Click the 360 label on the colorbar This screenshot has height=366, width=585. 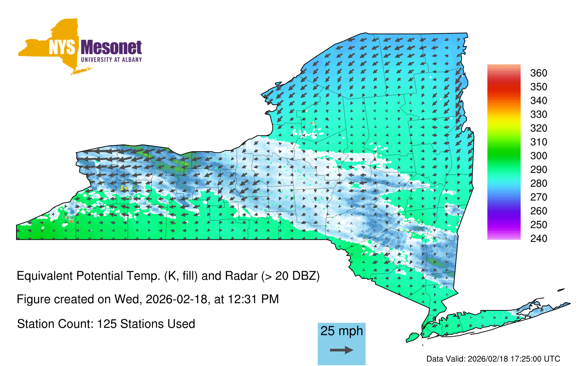539,73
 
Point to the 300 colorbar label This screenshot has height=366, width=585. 539,156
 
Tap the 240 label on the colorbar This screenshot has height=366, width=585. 539,238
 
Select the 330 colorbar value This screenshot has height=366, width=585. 539,115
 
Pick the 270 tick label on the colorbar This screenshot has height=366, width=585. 539,197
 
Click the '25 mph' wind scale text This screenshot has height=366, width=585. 341,331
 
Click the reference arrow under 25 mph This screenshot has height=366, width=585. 341,350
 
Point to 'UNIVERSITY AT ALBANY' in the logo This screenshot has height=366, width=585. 112,60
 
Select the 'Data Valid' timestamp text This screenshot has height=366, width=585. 493,359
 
